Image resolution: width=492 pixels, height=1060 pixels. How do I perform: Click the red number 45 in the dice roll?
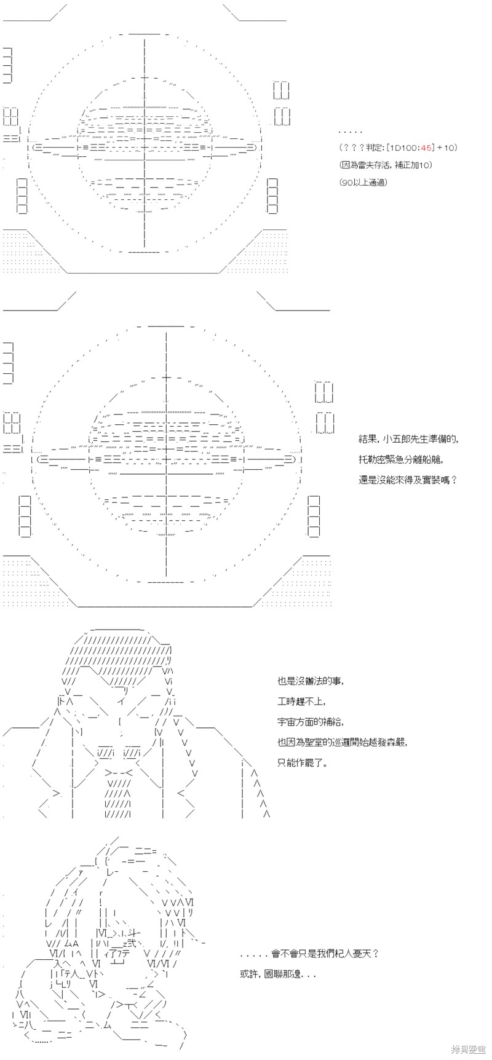[427, 148]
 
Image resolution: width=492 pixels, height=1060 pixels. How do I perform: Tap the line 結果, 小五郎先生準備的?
[409, 439]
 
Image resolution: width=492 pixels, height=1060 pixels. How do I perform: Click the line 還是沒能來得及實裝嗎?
[408, 478]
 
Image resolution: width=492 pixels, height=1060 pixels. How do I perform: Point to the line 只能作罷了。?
[303, 762]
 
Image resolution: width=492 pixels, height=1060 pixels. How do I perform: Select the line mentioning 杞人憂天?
[309, 954]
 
